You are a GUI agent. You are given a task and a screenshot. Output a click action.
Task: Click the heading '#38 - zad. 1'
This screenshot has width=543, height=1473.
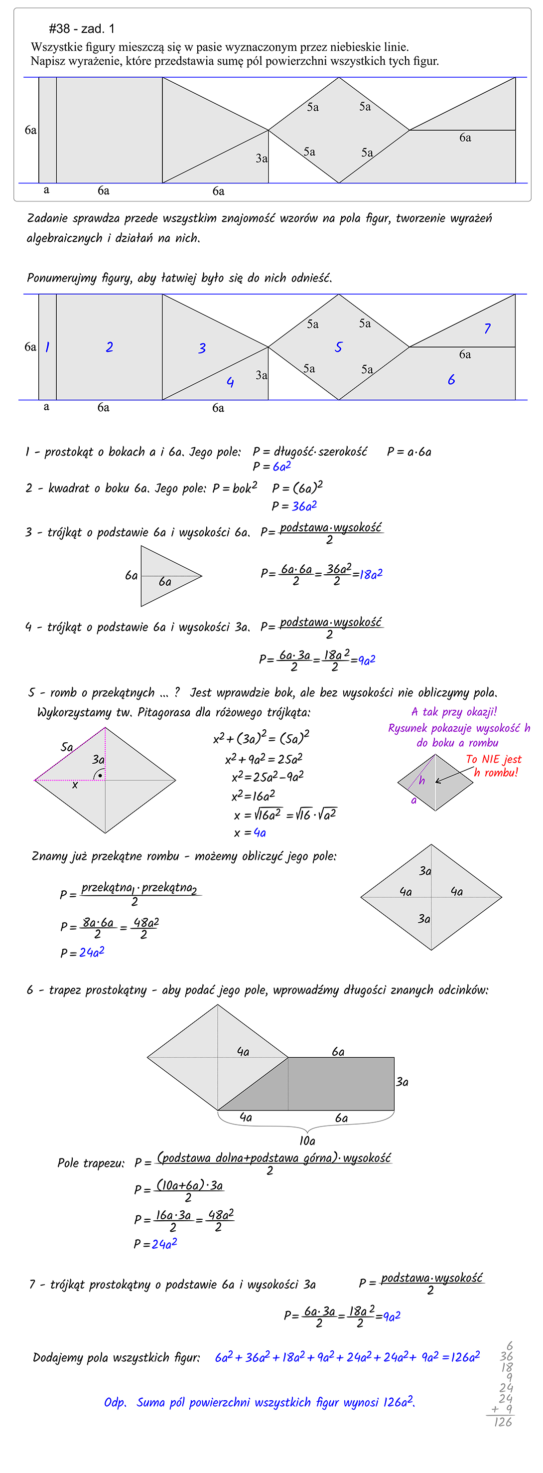point(81,28)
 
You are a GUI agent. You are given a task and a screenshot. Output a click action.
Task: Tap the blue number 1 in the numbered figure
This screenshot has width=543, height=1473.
point(47,346)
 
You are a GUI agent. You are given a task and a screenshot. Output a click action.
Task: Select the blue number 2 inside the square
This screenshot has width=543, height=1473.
point(109,346)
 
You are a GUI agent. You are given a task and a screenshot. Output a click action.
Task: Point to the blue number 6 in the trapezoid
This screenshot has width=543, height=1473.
point(451,380)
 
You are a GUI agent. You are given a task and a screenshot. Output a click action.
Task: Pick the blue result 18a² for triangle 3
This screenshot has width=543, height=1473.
point(371,574)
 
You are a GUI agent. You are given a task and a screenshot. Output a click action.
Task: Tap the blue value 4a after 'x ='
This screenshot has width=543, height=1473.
point(260,832)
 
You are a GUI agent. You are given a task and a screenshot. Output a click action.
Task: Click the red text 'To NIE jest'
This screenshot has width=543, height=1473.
point(493,759)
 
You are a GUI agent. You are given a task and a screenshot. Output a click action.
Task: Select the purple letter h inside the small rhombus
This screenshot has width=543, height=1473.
point(422,781)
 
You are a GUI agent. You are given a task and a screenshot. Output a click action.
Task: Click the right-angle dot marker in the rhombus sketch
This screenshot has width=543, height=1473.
point(100,776)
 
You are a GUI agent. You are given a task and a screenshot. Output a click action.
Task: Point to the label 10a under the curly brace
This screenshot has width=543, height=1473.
point(307,1141)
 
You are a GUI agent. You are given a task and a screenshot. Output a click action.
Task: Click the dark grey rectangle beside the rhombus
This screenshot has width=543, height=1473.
point(341,1084)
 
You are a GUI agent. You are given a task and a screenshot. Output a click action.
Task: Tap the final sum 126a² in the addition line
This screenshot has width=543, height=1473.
point(465,1357)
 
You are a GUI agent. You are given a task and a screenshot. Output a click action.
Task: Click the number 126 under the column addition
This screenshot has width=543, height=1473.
point(503,1422)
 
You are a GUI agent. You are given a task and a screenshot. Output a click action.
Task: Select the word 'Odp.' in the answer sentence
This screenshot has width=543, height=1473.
point(115,1403)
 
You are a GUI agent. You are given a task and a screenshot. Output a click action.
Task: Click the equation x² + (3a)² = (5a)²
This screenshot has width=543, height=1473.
point(261,738)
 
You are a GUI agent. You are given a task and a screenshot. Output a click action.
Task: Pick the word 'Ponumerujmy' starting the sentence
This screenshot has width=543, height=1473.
point(62,279)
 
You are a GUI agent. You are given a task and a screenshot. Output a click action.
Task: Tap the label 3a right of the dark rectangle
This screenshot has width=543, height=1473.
point(403,1082)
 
